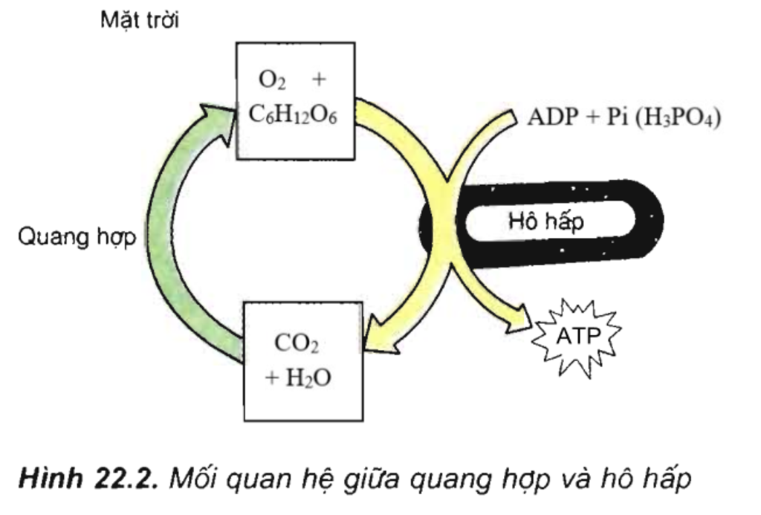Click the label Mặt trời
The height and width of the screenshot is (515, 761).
[x=140, y=19]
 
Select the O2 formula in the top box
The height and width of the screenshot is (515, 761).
[x=267, y=81]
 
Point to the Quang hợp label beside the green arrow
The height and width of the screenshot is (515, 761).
[x=77, y=239]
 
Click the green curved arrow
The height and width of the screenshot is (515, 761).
[x=167, y=245]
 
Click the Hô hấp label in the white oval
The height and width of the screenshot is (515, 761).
[x=546, y=221]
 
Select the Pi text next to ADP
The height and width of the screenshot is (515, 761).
[x=614, y=117]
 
